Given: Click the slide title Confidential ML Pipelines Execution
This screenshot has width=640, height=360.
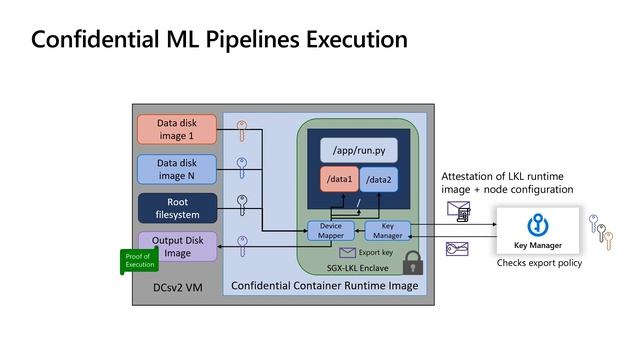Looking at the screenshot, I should coord(219,40).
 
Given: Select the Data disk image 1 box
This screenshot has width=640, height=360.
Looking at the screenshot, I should coord(176,129).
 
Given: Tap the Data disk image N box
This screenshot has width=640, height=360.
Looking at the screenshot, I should coord(176,169).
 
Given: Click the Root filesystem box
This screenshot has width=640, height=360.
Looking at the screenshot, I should coord(176,208).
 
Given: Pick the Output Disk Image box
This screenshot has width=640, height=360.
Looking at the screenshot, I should coord(177,246).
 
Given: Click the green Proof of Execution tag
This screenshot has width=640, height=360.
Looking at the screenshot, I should coord(139,260).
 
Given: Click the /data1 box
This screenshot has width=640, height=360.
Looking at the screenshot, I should coord(339,181).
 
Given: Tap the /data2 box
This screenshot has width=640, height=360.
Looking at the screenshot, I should coord(378,181).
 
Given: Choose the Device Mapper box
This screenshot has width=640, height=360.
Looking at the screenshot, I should coord(329,231).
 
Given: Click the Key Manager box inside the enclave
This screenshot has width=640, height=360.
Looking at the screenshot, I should coord(387,231).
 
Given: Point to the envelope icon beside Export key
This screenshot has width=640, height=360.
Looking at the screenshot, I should coord(347,253).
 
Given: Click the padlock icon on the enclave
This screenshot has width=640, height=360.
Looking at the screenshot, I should coord(410,263).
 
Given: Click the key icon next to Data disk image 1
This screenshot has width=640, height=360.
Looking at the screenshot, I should coord(241,130).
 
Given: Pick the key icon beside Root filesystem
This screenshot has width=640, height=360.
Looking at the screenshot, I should coord(241,205).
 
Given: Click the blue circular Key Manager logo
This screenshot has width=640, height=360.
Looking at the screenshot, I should coord(538,224).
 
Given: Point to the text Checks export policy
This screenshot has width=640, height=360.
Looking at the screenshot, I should coord(539,263).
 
